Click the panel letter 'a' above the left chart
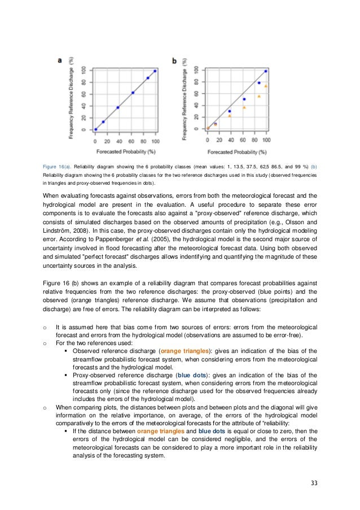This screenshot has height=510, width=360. (60, 60)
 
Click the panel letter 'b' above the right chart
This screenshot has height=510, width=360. (174, 60)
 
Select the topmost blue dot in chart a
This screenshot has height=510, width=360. (155, 71)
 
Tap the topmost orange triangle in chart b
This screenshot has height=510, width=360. (266, 86)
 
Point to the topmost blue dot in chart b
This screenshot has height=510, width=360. (266, 71)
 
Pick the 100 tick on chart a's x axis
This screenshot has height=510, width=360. (155, 141)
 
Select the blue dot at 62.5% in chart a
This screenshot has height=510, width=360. (133, 93)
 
